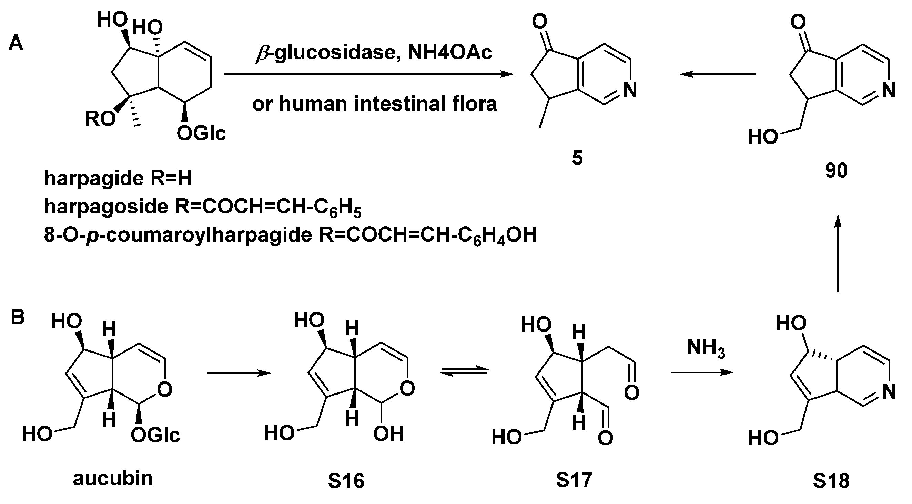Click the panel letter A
click(16, 44)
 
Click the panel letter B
click(18, 317)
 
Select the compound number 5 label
click(577, 158)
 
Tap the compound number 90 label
click(836, 170)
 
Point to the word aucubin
click(113, 478)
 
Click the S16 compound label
click(346, 481)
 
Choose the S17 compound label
click(574, 480)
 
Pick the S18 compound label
click(831, 481)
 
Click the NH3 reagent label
click(706, 348)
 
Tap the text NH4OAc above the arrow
click(450, 52)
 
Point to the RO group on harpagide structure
click(100, 119)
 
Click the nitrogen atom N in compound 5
click(630, 90)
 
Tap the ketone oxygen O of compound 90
click(798, 22)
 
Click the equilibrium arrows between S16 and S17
click(464, 372)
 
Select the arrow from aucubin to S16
click(239, 373)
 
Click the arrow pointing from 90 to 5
click(718, 74)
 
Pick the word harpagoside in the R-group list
click(106, 207)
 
